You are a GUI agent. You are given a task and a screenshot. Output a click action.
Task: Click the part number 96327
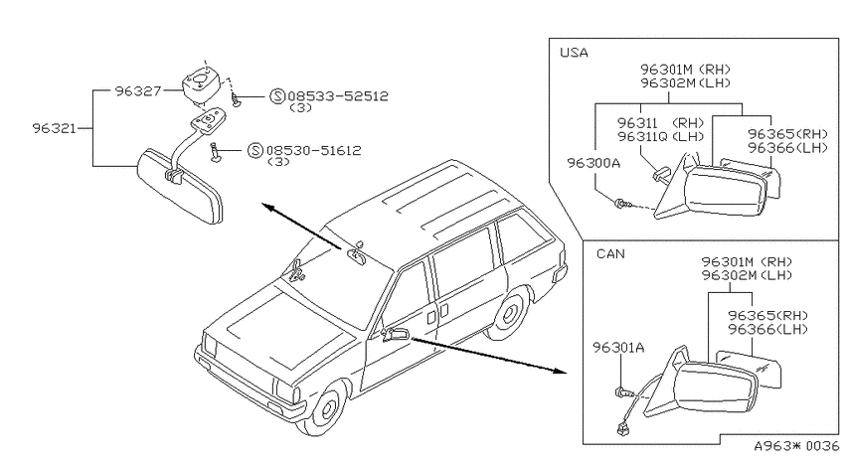pos(138,90)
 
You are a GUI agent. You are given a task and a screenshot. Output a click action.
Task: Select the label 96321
pos(55,128)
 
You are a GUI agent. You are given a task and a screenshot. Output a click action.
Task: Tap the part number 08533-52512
pos(338,95)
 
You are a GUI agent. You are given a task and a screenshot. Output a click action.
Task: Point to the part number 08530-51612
pos(313,150)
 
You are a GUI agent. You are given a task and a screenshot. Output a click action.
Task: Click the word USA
pos(574,53)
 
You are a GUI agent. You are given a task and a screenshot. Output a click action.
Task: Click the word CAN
pos(610,253)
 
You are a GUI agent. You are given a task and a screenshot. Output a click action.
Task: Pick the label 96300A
pos(593,163)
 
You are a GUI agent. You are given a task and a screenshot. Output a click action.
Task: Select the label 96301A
pos(618,348)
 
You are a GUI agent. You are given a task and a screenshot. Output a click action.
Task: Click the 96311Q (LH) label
pos(661,137)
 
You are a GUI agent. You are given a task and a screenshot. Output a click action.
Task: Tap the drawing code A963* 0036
pos(796,446)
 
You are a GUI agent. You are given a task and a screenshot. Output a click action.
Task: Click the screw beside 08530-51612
pos(217,152)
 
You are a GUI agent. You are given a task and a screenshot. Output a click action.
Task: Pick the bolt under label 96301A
pos(620,392)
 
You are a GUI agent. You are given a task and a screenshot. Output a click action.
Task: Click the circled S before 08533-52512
pos(277,96)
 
